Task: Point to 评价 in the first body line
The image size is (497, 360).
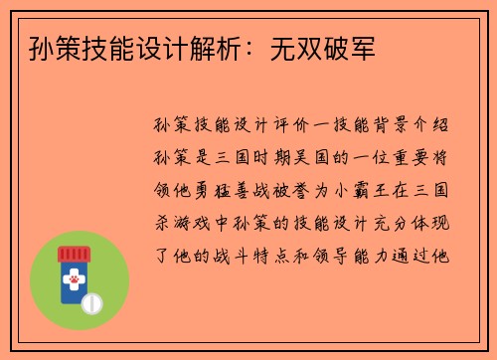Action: [271, 127]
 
